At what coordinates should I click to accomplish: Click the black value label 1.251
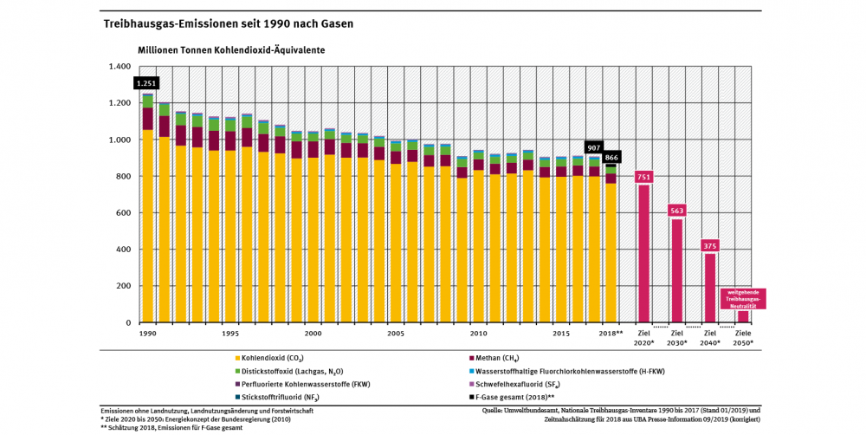[145, 83]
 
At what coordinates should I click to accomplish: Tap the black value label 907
[593, 147]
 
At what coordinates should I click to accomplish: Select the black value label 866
[612, 159]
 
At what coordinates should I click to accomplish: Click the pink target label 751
[644, 177]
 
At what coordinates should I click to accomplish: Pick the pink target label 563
[677, 211]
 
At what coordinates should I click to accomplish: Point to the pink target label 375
[710, 246]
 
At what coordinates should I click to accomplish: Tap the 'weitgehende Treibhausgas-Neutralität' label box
[742, 299]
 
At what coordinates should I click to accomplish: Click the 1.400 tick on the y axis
[119, 67]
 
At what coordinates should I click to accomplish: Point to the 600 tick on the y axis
[122, 213]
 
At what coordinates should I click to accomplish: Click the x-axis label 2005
[395, 333]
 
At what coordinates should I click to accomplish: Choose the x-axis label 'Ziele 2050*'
[743, 338]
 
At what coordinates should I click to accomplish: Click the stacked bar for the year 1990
[148, 208]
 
